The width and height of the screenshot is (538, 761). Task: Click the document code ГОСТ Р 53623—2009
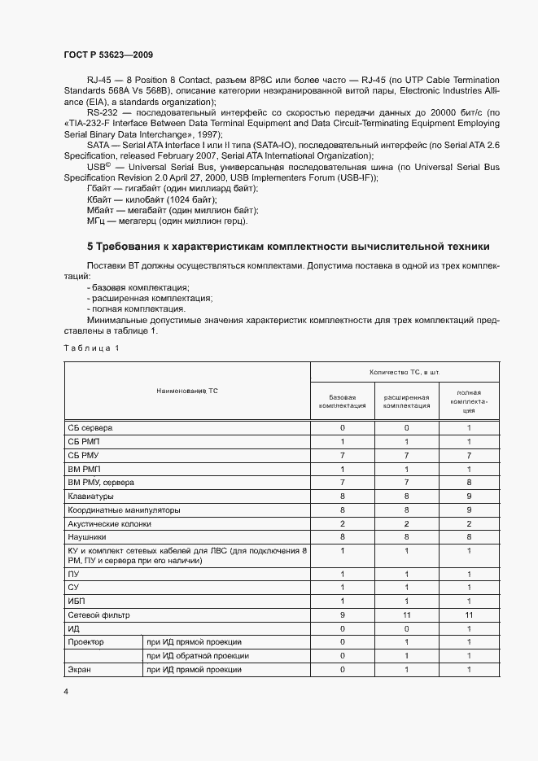[107, 55]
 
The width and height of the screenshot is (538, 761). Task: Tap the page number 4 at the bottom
[65, 691]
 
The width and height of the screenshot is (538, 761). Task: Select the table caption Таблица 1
[91, 348]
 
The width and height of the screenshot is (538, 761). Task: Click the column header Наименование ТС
[187, 391]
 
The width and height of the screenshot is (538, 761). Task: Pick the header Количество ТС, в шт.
[405, 372]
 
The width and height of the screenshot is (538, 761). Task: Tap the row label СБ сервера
[90, 427]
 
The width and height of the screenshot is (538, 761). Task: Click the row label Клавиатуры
[90, 496]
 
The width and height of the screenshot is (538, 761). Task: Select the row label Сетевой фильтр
[98, 615]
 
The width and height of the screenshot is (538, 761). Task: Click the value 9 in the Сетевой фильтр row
[342, 615]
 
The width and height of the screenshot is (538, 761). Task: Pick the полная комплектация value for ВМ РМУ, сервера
[469, 482]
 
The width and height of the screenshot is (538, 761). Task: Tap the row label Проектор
[86, 642]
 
